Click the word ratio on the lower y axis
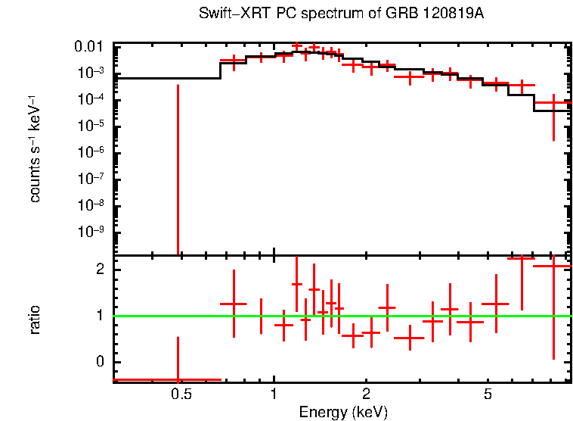pyautogui.click(x=35, y=319)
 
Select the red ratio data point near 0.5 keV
pyautogui.click(x=178, y=379)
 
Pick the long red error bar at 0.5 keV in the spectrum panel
pyautogui.click(x=178, y=167)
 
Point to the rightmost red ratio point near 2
pyautogui.click(x=553, y=266)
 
